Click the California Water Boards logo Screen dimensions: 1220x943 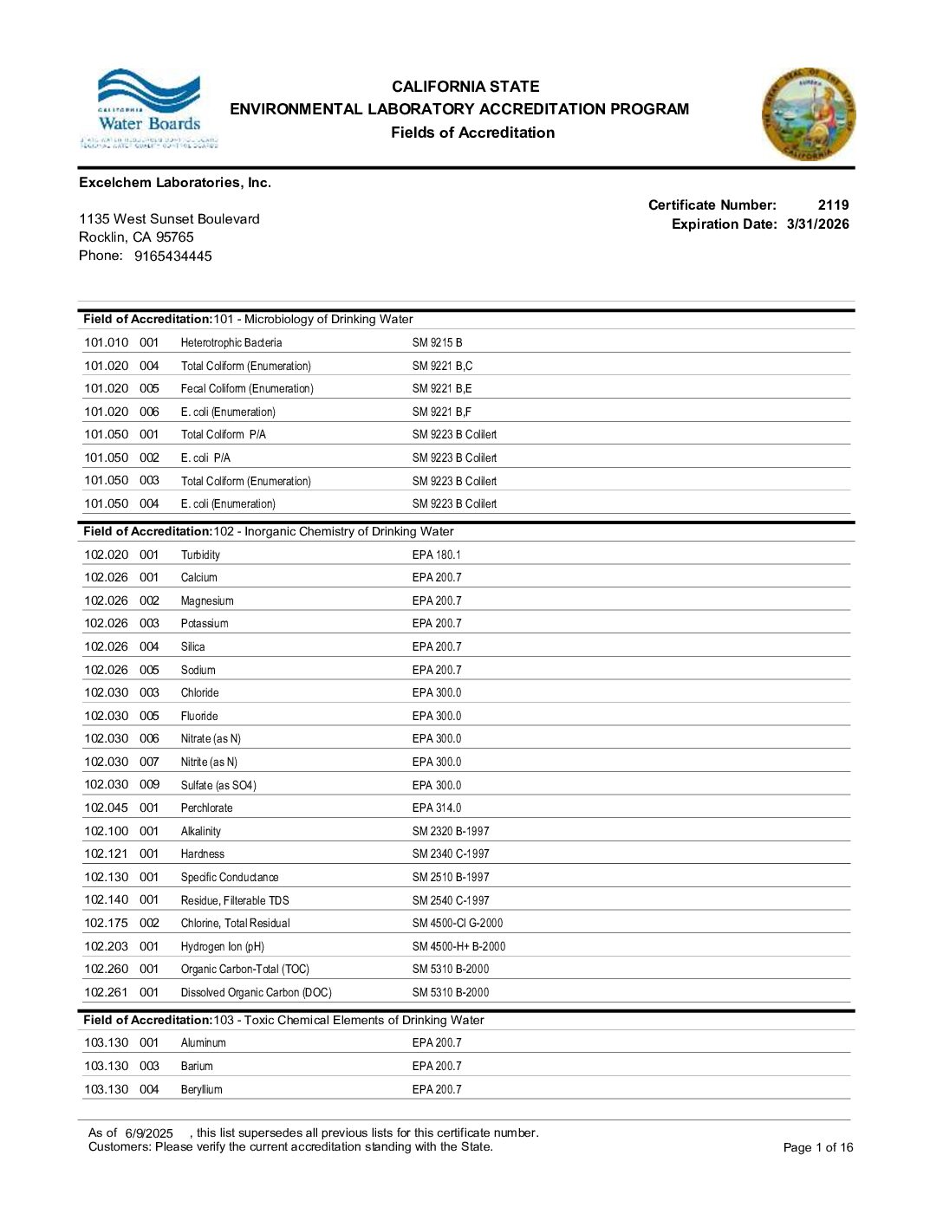149,109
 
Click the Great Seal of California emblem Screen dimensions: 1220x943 809,114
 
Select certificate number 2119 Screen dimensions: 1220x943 833,205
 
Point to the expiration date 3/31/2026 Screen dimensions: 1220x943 817,224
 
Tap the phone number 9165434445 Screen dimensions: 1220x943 172,256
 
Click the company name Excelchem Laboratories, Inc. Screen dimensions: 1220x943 175,183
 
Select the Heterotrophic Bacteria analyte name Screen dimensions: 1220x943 231,343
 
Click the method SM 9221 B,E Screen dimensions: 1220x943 442,389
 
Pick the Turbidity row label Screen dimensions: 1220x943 200,555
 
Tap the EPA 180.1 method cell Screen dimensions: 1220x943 437,555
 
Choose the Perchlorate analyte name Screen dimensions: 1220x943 206,808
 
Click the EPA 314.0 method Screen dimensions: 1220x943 437,808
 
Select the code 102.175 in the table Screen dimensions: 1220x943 106,923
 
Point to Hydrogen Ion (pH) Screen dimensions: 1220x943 223,947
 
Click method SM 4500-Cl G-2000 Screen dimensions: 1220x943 458,924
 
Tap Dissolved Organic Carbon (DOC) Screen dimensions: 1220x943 256,993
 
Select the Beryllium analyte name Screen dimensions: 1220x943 201,1090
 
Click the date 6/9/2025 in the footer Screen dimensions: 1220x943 149,1133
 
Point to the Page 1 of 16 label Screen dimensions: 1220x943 817,1148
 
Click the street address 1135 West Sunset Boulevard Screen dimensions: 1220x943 169,219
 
